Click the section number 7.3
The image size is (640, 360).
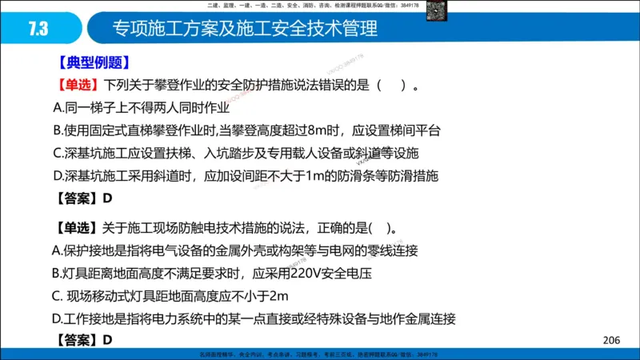(38, 30)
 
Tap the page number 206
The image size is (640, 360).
(611, 341)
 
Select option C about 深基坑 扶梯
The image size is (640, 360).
(236, 152)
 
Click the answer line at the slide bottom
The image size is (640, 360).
(84, 340)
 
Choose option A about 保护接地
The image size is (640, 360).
(235, 250)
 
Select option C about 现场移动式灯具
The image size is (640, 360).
(169, 296)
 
